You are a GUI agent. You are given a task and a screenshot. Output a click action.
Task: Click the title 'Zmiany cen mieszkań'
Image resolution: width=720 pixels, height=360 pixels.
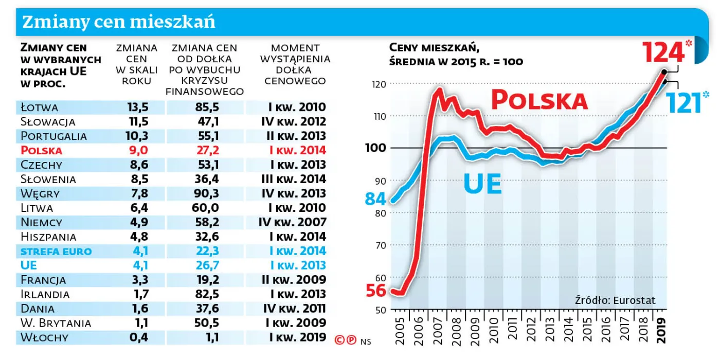point(119,22)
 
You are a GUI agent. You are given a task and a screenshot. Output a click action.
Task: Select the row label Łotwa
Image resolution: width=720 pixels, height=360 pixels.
point(40,107)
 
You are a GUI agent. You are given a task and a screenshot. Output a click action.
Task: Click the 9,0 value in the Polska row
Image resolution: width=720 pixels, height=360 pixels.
point(137,151)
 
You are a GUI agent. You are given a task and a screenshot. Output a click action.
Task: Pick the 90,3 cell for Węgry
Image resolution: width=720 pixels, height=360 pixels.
point(205,194)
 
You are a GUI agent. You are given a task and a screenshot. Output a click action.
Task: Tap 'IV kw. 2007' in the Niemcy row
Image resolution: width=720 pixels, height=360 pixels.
point(293,223)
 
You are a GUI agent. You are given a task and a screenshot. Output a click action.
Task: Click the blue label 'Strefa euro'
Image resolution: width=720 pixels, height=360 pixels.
point(56,251)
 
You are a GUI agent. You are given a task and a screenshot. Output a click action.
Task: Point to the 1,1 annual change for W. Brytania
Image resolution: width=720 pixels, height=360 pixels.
point(137,323)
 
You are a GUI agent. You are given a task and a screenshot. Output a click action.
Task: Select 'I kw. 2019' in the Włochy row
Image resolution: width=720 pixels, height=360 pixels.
point(297,337)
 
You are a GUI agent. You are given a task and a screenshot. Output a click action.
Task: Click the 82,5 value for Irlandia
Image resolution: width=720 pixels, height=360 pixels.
point(205,294)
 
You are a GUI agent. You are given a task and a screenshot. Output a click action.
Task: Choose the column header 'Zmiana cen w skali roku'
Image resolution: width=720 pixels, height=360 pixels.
point(137,64)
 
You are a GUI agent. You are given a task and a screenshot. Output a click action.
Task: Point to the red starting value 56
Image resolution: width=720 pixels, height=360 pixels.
point(376,291)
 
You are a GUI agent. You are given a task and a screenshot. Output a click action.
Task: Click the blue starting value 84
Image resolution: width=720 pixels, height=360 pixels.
point(376,199)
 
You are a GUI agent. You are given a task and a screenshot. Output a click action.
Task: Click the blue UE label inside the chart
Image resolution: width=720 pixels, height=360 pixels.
point(482,184)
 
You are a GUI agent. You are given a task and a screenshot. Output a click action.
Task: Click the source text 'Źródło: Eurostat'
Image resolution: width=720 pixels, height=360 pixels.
point(615,300)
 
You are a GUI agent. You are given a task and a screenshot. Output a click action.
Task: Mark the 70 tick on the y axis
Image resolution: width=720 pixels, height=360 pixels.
point(380,245)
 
